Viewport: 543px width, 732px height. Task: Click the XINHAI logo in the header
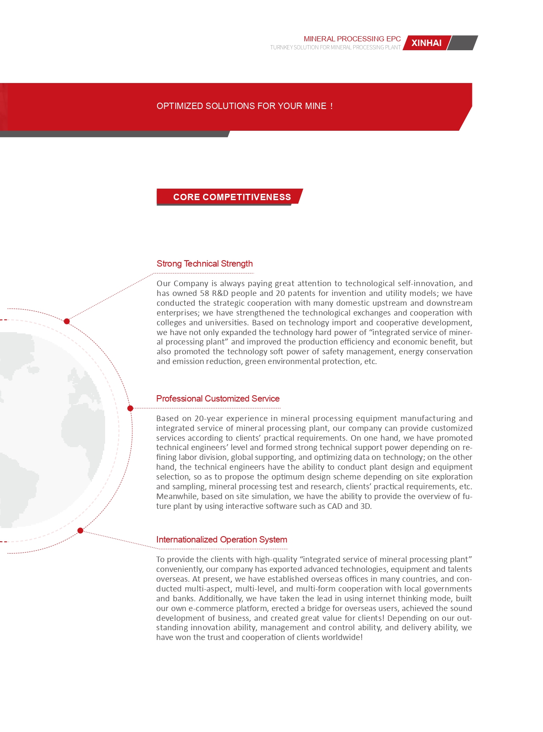[426, 43]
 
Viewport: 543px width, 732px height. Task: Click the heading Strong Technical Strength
[204, 264]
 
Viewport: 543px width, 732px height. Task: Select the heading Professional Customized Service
[217, 399]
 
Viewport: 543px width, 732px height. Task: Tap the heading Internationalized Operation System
[221, 540]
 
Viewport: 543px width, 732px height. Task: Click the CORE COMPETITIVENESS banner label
[231, 197]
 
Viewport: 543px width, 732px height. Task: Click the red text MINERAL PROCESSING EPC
[352, 39]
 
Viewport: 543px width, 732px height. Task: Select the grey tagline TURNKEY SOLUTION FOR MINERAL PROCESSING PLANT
[335, 47]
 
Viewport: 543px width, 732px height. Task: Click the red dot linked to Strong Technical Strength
[67, 322]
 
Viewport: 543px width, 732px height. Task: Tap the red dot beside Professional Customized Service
[130, 408]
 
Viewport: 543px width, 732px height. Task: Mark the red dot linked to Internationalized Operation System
[80, 531]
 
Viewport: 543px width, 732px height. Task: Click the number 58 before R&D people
[205, 293]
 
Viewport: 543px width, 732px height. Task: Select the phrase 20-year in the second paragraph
[209, 419]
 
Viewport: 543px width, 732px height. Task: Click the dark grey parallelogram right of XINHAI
[463, 43]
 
